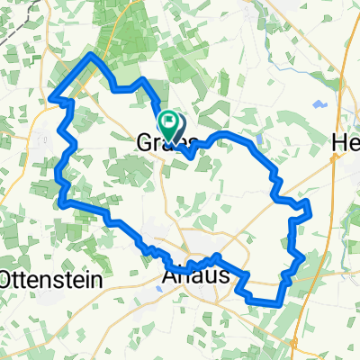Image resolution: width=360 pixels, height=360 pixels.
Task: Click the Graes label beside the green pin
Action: click(x=168, y=144)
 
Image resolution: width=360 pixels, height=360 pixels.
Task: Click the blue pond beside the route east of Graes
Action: click(x=259, y=139)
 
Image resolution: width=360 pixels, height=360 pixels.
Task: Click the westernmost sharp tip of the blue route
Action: click(x=50, y=97)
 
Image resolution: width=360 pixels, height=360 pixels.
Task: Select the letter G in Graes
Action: click(x=146, y=144)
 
